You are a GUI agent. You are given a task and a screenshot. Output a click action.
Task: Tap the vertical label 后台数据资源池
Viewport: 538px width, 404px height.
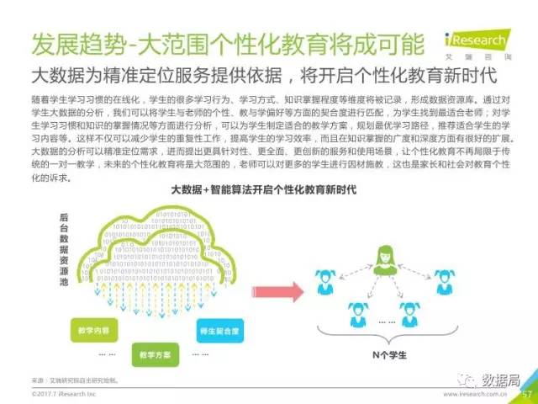[65, 250]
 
